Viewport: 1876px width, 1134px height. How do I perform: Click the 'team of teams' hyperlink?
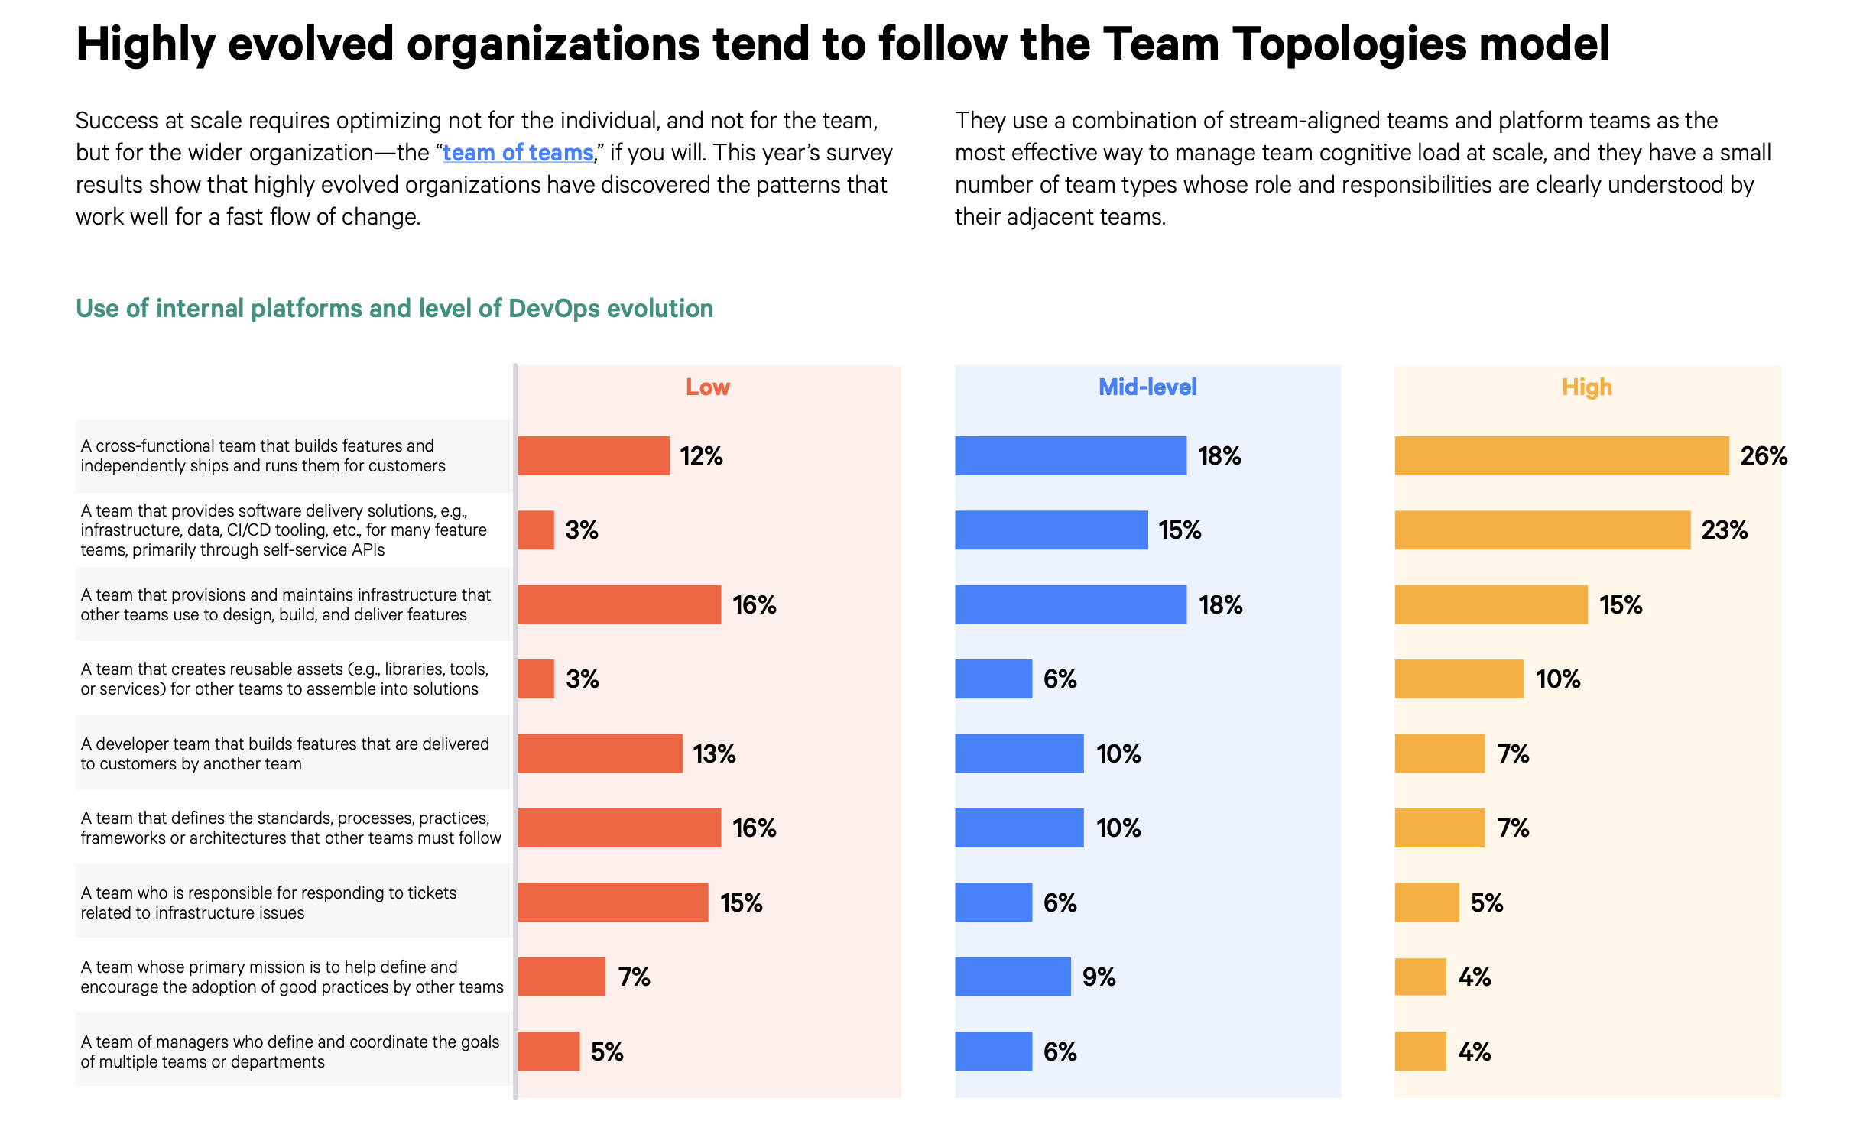click(518, 153)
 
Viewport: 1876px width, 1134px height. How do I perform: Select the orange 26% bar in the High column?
click(1561, 455)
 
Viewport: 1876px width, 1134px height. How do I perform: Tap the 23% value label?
click(1724, 530)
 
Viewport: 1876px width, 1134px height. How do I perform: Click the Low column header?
click(708, 387)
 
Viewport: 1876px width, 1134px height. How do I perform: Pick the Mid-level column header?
click(1147, 387)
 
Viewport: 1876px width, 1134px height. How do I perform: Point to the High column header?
click(1587, 387)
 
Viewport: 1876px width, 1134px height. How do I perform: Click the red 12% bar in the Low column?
click(593, 455)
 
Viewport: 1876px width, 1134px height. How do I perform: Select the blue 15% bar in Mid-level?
click(1051, 530)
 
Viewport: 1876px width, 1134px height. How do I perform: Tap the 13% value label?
click(714, 753)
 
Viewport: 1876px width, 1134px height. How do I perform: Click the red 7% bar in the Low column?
click(561, 977)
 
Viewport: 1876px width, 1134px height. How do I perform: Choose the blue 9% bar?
click(1012, 977)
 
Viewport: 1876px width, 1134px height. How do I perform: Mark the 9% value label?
click(1099, 977)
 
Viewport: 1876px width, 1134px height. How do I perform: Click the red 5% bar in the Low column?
click(548, 1051)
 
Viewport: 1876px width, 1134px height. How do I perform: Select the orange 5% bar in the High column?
click(1426, 902)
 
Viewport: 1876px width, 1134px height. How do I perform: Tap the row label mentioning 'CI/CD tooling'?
click(284, 530)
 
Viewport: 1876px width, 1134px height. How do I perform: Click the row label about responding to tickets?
click(268, 902)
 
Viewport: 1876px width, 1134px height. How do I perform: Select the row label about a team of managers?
click(290, 1051)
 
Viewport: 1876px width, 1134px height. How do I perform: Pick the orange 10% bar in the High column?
click(1459, 679)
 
